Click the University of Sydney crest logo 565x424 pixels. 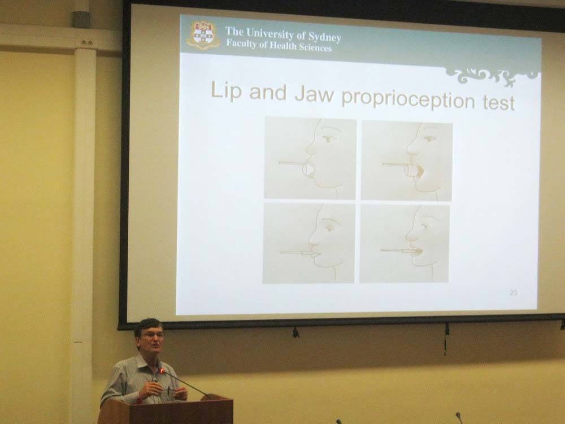[203, 35]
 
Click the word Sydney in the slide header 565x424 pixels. [324, 37]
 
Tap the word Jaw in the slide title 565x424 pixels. [314, 93]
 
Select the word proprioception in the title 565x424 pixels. [408, 98]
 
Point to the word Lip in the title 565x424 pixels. [226, 90]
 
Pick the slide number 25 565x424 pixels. [514, 292]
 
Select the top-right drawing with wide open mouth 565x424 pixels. [407, 161]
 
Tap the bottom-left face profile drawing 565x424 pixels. [309, 243]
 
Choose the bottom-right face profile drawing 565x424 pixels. [405, 244]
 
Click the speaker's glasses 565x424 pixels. [153, 335]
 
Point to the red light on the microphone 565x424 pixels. [163, 370]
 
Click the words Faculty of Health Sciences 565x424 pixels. [279, 46]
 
